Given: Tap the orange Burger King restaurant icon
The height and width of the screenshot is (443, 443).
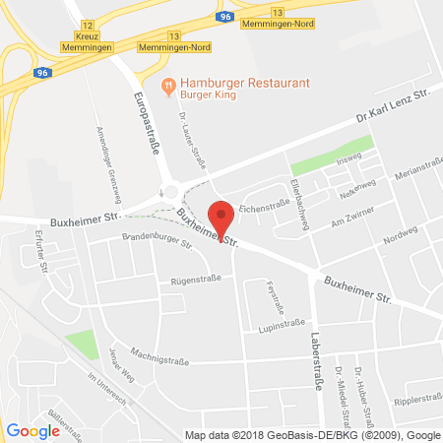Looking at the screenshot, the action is tap(168, 86).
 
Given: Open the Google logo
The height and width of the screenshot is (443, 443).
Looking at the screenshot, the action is tap(32, 430).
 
